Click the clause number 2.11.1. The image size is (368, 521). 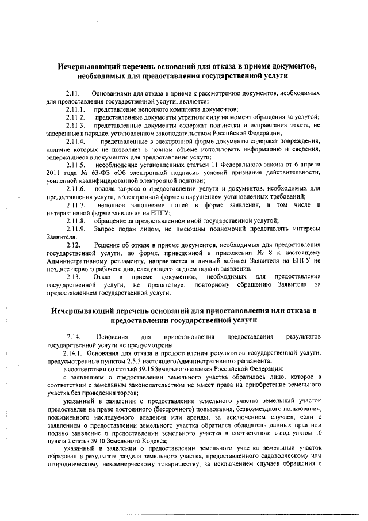click(x=75, y=109)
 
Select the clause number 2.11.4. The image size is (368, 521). click(x=75, y=141)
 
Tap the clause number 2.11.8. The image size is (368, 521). click(x=75, y=220)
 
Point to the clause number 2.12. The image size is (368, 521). click(x=72, y=245)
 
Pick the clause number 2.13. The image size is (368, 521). click(x=72, y=277)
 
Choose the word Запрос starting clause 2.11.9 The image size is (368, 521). click(x=106, y=229)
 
